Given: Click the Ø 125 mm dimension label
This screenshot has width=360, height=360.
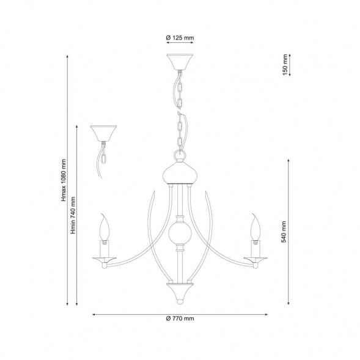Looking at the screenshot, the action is click(x=180, y=38).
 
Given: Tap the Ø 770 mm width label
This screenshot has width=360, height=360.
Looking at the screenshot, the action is click(x=180, y=318).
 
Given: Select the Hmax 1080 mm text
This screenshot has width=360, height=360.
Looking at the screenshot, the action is click(x=64, y=180).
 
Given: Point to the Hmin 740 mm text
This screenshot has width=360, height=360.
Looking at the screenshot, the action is click(x=73, y=215).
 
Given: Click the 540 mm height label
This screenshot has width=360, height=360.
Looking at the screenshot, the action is click(x=284, y=232).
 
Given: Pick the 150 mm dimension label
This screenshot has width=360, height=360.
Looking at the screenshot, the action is click(x=285, y=65).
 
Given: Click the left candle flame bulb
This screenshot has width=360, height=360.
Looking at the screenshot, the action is click(x=105, y=227).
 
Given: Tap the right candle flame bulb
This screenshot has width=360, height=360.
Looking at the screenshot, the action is click(x=255, y=227).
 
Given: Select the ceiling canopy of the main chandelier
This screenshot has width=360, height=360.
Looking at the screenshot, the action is click(x=180, y=62).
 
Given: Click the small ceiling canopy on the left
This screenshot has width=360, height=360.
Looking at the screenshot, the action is click(x=103, y=133).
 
